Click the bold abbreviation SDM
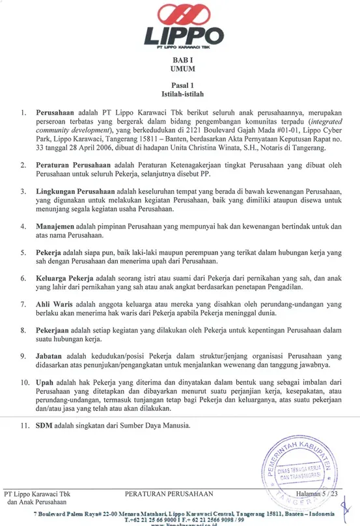pos(46,426)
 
